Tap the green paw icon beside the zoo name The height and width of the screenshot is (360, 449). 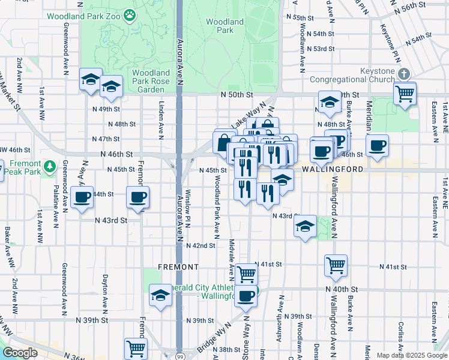129,13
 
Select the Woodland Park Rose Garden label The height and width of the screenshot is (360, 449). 143,80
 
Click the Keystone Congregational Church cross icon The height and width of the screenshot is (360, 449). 404,73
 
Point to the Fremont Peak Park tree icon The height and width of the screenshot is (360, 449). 51,165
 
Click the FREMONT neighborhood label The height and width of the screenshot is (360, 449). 178,266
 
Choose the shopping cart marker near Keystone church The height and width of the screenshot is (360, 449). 405,94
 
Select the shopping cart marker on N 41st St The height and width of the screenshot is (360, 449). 336,265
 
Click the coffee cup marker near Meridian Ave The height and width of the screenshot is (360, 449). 377,145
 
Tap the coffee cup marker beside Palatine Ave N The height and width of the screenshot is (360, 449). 82,197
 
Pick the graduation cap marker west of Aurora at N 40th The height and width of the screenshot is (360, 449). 160,295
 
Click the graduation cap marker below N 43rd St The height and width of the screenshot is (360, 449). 305,227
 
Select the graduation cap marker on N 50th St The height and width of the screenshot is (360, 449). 329,103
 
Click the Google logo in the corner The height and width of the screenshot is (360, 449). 20,353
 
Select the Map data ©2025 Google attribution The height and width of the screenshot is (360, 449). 411,355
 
